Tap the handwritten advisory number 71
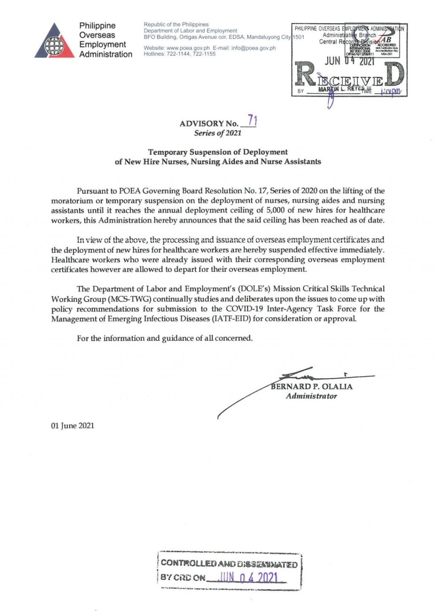click(x=252, y=121)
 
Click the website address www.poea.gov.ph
click(x=188, y=48)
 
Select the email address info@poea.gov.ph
click(x=253, y=48)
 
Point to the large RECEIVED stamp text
click(x=349, y=77)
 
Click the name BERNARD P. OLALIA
click(x=312, y=386)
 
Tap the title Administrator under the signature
click(x=311, y=396)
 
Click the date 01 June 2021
click(x=72, y=425)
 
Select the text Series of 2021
click(x=218, y=133)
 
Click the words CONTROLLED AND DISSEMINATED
click(x=229, y=564)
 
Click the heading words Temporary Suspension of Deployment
click(x=218, y=152)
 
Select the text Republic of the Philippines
click(x=176, y=24)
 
